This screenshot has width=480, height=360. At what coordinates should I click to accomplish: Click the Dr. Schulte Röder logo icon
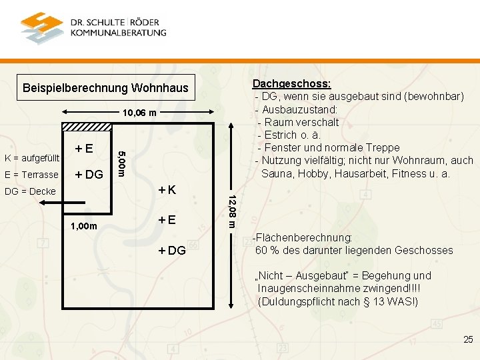tap(41, 27)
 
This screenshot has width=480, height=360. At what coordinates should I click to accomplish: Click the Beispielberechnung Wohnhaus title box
tap(105, 88)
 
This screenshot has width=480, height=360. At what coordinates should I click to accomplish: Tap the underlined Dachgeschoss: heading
tap(291, 83)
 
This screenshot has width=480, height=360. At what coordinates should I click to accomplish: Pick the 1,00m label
tap(84, 227)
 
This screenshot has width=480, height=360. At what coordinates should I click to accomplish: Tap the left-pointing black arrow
tap(54, 206)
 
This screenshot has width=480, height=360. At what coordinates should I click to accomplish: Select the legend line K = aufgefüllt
tap(32, 158)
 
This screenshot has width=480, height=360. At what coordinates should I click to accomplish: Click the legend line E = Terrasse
tap(31, 175)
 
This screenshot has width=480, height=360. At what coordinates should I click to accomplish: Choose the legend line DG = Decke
tap(29, 191)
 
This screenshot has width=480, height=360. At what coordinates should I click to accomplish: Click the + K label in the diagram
tap(166, 190)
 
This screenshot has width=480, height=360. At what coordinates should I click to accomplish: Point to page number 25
tap(468, 340)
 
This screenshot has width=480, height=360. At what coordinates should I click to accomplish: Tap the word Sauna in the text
tap(277, 173)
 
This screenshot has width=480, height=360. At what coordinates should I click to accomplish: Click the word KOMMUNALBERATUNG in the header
tap(118, 32)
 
